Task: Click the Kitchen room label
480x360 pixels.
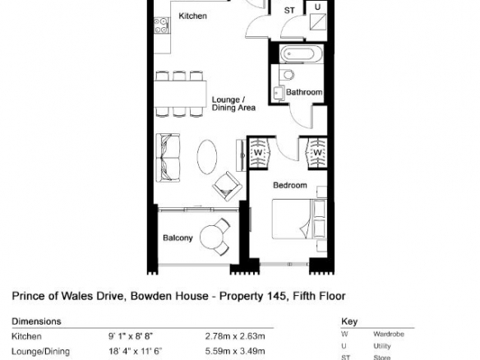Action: click(192, 16)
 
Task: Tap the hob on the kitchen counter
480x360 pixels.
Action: click(161, 25)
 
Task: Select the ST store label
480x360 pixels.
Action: click(289, 11)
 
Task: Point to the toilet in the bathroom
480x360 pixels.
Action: click(287, 75)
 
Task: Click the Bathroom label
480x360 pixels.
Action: click(304, 92)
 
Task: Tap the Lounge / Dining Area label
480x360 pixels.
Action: click(233, 104)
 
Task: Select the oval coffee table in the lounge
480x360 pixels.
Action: click(207, 157)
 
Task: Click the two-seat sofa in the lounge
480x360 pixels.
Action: click(168, 158)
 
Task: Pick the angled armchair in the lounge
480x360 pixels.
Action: click(227, 186)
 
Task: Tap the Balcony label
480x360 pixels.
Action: click(178, 238)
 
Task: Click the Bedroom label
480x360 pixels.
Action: click(290, 185)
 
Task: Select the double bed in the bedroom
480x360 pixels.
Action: click(299, 219)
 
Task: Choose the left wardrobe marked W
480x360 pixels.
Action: click(259, 153)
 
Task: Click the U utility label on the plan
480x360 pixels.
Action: click(317, 7)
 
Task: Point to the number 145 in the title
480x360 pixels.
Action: click(278, 296)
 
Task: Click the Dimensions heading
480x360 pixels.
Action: click(36, 321)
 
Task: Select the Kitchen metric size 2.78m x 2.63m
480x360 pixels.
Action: click(235, 336)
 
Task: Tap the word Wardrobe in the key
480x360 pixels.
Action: click(389, 334)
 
